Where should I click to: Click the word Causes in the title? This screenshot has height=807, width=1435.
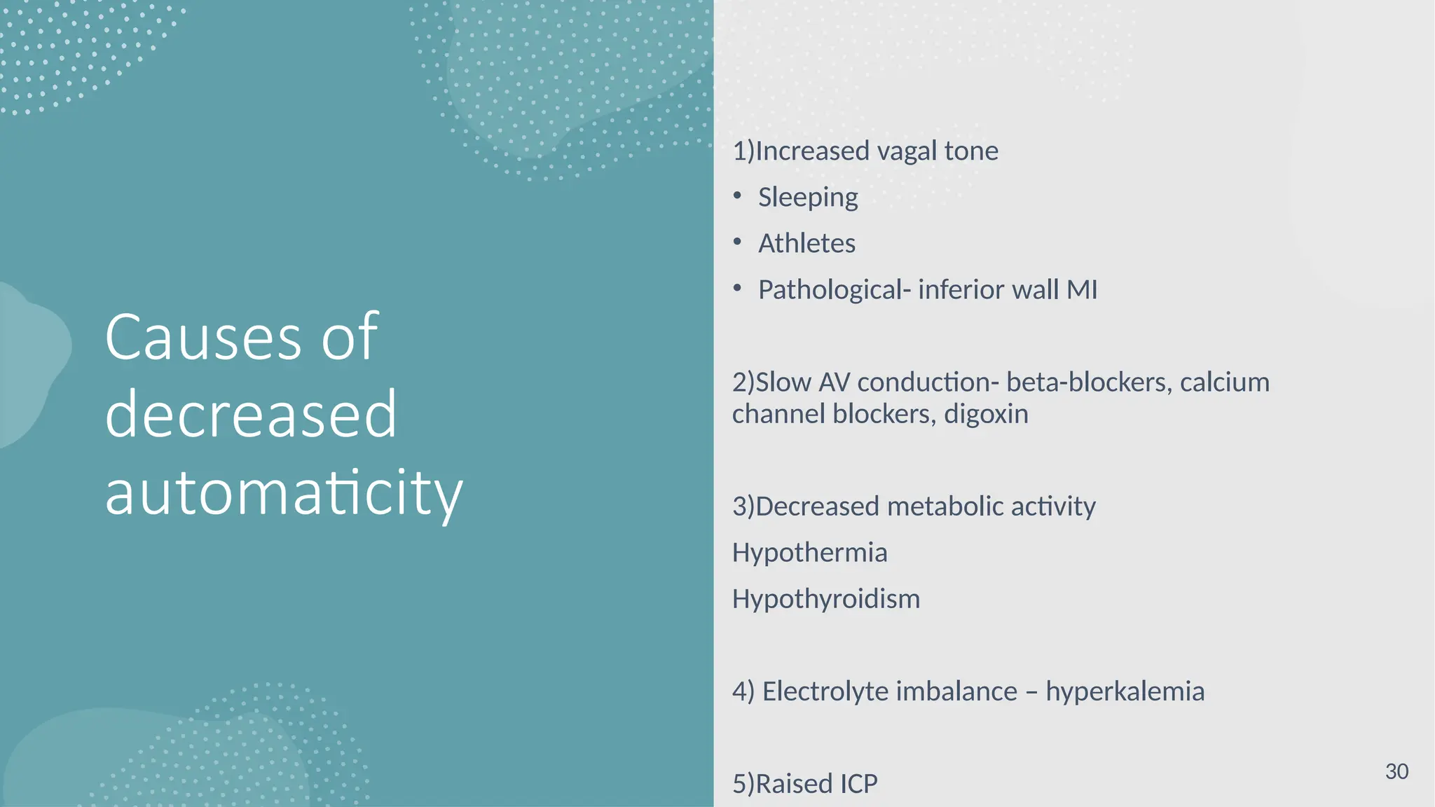pyautogui.click(x=203, y=338)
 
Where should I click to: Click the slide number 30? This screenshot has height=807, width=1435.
pyautogui.click(x=1396, y=771)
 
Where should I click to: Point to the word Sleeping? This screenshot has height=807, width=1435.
pyautogui.click(x=808, y=198)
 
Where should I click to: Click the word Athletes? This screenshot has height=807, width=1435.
pyautogui.click(x=806, y=244)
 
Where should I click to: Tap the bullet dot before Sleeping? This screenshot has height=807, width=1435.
pyautogui.click(x=737, y=196)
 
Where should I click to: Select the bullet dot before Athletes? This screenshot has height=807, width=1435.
pyautogui.click(x=737, y=242)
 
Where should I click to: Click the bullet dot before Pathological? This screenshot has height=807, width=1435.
pyautogui.click(x=737, y=289)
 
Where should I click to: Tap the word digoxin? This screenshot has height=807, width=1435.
pyautogui.click(x=986, y=414)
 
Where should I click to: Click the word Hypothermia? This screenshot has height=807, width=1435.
pyautogui.click(x=809, y=553)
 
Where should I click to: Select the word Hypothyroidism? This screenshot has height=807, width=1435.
pyautogui.click(x=826, y=599)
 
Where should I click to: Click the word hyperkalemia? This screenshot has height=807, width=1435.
pyautogui.click(x=1125, y=691)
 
